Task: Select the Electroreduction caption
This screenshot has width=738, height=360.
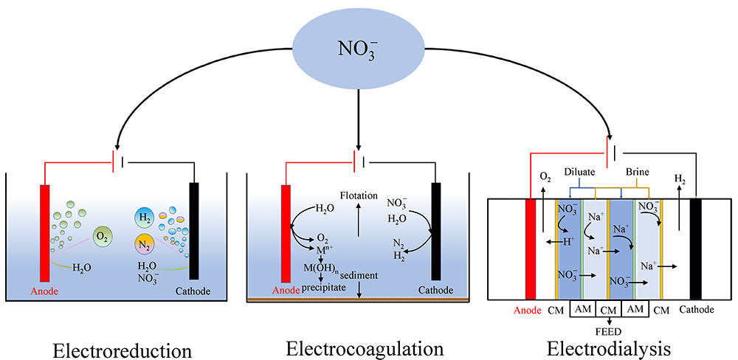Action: pos(123,347)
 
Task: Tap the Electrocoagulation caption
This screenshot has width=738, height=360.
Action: pos(365,347)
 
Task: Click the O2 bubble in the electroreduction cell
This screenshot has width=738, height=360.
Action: pos(103,236)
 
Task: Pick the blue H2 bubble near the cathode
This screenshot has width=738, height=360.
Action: pos(145,217)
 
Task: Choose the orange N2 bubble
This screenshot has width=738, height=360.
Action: pos(145,244)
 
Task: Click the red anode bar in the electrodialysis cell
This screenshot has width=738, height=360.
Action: pos(530,248)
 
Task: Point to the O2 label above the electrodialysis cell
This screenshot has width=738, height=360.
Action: pos(545,177)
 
